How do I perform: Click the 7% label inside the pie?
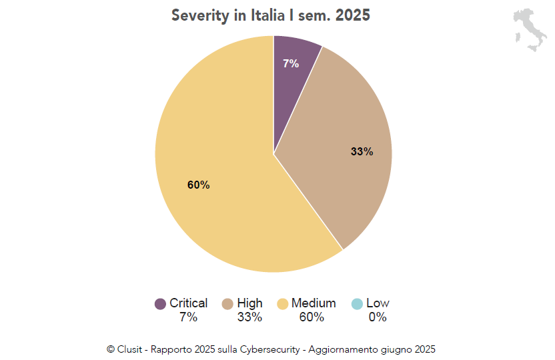pos(291,64)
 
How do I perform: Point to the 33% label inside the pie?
pos(362,152)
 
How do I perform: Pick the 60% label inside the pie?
pos(199,185)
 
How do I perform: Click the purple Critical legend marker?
pos(160,304)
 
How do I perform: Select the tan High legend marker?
pos(227,304)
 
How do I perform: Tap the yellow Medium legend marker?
pos(282,304)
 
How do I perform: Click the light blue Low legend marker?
pos(357,304)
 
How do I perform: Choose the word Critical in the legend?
pos(188,303)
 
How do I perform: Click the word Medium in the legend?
pos(314,303)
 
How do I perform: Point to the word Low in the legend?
pos(378,303)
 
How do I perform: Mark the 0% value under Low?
pos(378,317)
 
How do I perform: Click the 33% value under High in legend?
pos(249,317)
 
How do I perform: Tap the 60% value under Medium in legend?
pos(312,317)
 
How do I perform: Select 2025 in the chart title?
pos(353,15)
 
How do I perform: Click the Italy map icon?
pos(530,30)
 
